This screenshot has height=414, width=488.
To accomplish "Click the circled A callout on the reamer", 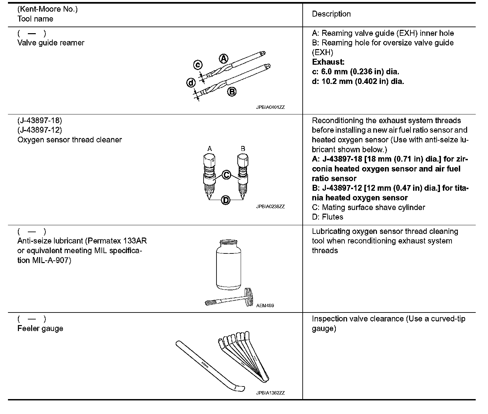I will (224, 59).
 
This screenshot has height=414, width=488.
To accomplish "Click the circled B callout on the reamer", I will (232, 92).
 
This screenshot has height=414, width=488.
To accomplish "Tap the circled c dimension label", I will (198, 65).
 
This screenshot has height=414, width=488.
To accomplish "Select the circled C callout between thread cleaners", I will (226, 174).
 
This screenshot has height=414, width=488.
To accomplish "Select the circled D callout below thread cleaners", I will (225, 200).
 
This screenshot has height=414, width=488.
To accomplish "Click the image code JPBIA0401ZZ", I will (270, 107).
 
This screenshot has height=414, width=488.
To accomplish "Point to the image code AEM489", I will (265, 306).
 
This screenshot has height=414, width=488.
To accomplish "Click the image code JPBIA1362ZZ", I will (270, 393).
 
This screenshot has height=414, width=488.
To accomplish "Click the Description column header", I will (331, 14).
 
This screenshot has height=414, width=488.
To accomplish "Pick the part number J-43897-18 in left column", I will (40, 120).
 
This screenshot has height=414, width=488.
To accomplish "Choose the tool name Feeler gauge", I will (40, 328).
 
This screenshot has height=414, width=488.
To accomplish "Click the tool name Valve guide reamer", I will (51, 43).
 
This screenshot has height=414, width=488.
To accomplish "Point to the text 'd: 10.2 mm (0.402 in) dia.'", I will (358, 81).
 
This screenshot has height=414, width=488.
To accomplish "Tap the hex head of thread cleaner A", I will (209, 161).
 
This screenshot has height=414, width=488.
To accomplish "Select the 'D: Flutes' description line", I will (328, 217).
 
